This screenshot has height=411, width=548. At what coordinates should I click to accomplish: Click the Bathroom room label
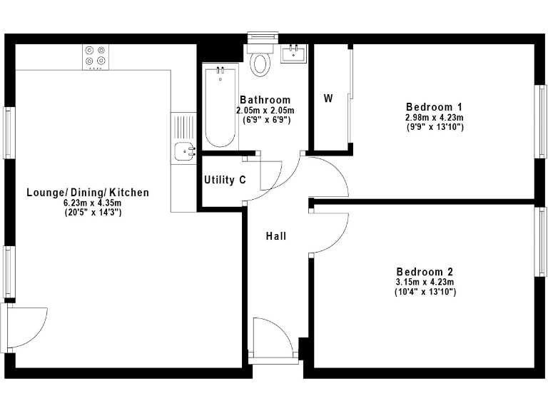(265, 100)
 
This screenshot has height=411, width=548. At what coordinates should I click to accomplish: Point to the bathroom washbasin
(293, 54)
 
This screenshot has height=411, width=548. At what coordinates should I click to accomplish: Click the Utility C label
(225, 180)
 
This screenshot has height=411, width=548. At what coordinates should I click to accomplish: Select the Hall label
(276, 236)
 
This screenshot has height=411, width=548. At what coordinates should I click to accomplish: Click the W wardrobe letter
(328, 98)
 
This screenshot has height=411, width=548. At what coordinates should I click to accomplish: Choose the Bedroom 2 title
(425, 272)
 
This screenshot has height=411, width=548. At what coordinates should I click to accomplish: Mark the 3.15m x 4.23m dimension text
(425, 283)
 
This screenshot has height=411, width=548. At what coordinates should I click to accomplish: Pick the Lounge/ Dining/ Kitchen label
(88, 193)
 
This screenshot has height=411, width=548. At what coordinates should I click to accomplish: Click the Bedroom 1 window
(540, 121)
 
